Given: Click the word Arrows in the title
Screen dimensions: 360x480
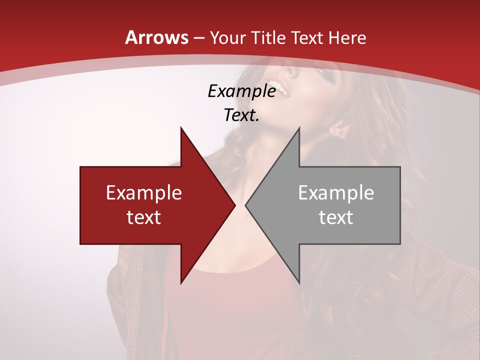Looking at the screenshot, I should point(156,37).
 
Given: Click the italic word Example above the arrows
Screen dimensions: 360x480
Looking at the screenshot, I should point(241,91).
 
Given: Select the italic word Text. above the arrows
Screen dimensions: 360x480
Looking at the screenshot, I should point(241,115).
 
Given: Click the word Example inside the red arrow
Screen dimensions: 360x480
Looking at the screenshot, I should point(144,193).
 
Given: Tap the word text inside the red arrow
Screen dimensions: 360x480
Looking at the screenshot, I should point(144,217).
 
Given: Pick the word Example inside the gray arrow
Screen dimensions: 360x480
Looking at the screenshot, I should point(336,193).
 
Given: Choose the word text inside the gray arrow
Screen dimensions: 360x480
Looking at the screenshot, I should point(336,217).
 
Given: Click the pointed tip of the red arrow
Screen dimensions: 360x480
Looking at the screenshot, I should point(234,205).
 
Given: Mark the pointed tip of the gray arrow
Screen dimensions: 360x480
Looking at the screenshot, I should point(246,205).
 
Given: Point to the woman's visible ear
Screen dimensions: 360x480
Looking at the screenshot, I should point(340,130).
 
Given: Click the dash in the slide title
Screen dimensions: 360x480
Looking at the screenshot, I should point(198,38).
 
